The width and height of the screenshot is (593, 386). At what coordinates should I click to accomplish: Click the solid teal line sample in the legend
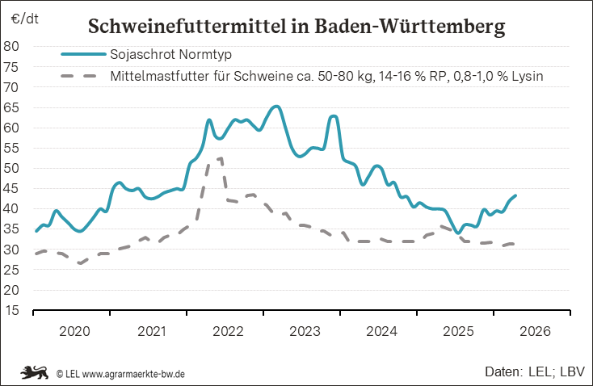(x=82, y=55)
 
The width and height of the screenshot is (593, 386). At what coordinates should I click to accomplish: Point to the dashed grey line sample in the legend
(x=82, y=77)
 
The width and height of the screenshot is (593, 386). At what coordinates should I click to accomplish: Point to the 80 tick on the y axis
(x=12, y=46)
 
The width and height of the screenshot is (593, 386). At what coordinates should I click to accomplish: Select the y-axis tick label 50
(x=12, y=168)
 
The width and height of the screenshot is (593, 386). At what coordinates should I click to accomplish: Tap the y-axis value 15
(x=12, y=311)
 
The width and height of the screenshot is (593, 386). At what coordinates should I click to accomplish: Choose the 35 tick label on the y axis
(x=12, y=229)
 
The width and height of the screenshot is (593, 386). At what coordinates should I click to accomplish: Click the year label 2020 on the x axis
(x=75, y=331)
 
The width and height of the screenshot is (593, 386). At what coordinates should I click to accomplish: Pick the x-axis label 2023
(x=305, y=331)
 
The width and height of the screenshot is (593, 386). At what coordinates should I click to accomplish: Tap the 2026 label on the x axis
(x=535, y=331)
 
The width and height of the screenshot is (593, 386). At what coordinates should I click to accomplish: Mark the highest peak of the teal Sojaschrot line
(x=276, y=107)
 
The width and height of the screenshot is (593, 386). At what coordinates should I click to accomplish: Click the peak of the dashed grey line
(x=219, y=158)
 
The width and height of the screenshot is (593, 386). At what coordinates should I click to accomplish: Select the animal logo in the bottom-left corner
(x=35, y=372)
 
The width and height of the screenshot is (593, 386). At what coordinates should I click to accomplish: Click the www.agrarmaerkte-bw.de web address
(x=134, y=374)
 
